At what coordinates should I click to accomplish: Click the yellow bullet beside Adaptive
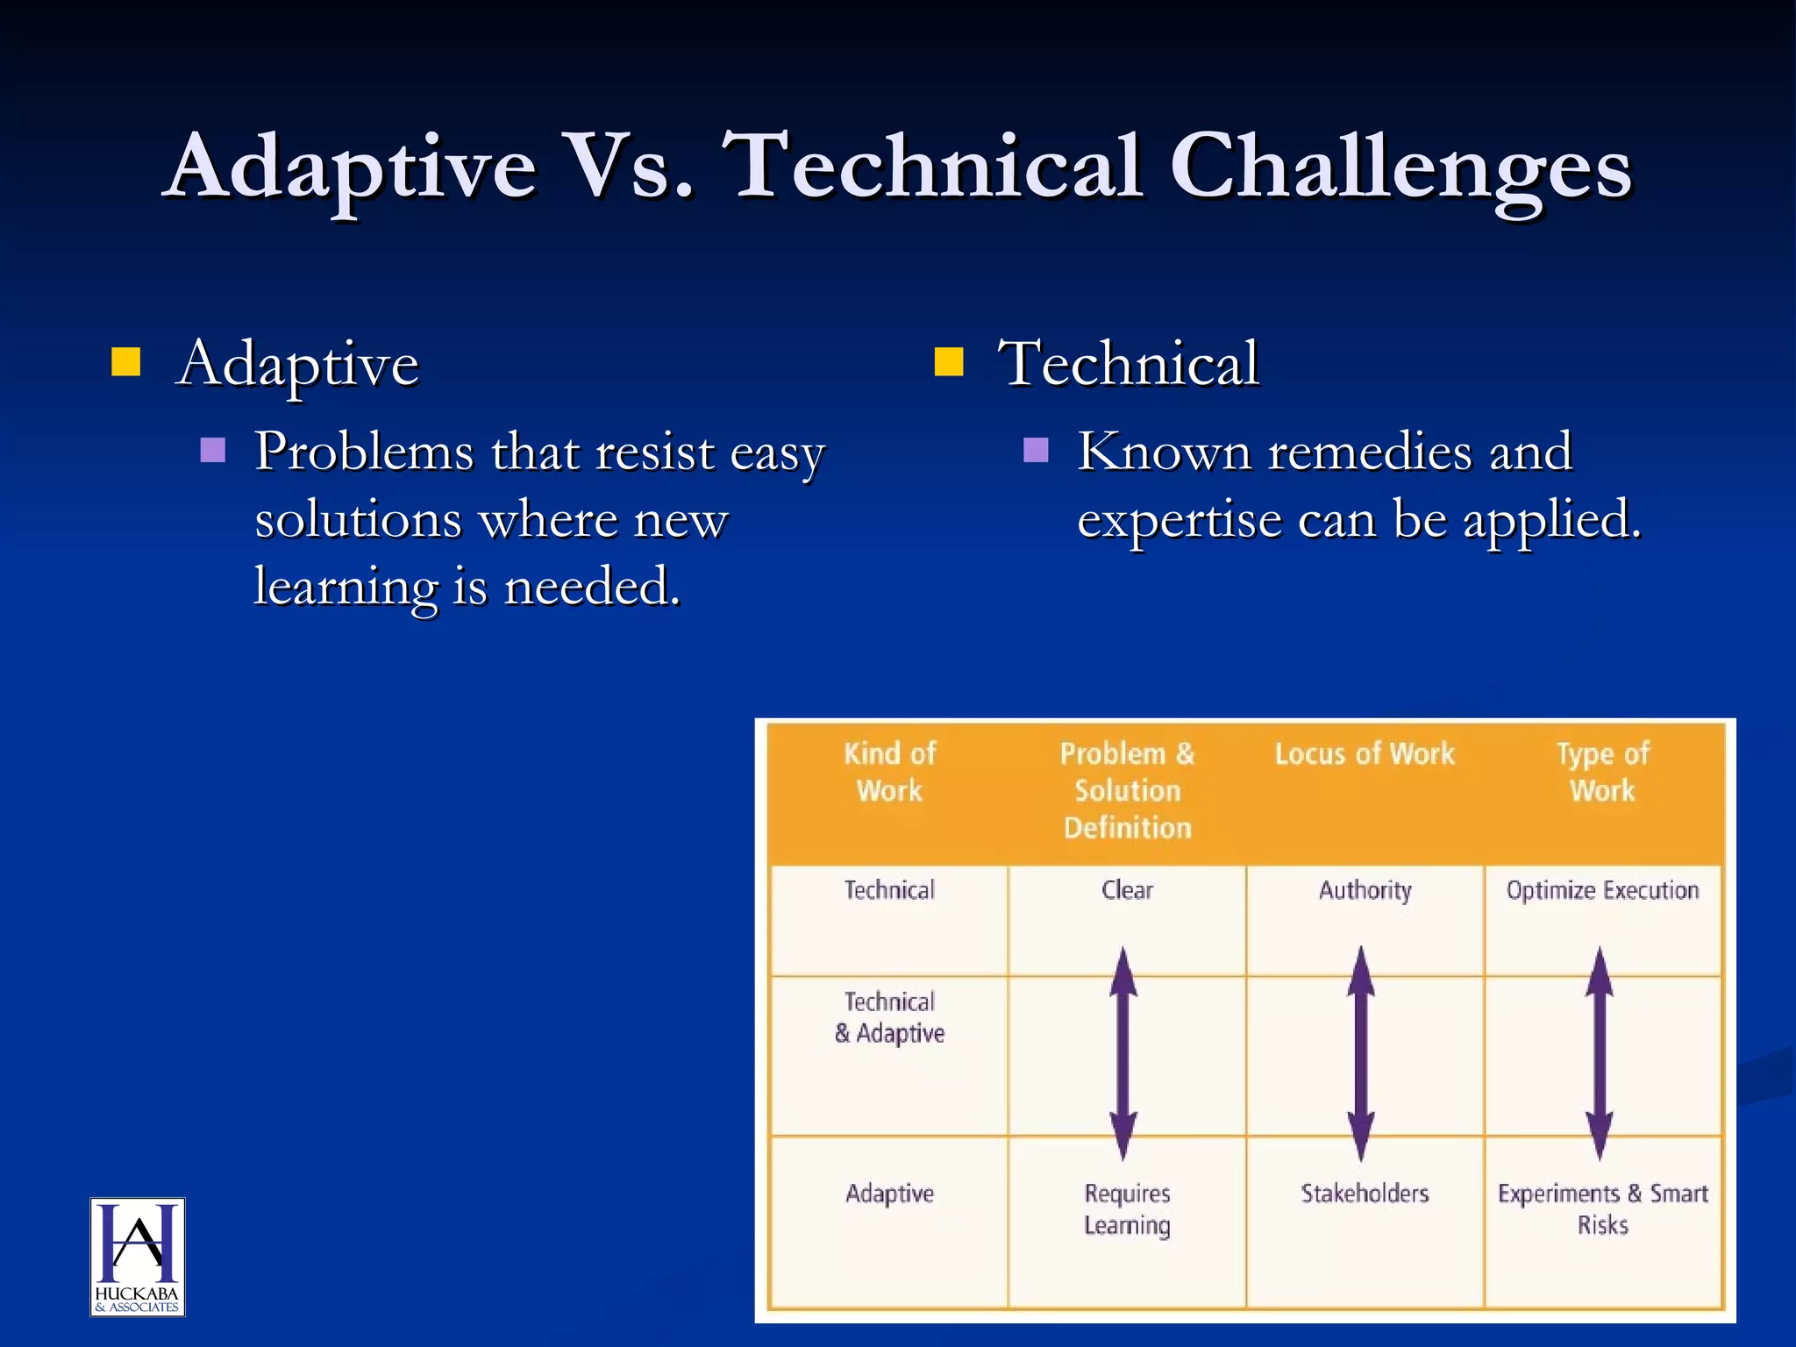coord(126,361)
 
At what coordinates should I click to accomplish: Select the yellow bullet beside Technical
coord(949,361)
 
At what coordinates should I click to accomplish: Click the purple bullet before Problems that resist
coord(213,450)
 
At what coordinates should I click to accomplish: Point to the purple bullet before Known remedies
coord(1036,450)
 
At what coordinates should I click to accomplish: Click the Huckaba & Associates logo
coord(138,1256)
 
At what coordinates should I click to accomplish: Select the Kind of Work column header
coord(889,772)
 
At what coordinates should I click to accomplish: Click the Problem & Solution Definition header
coord(1127,789)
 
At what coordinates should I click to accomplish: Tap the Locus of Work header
coord(1365,753)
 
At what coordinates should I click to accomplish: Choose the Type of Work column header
coord(1602,772)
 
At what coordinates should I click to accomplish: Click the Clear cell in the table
coord(1127,890)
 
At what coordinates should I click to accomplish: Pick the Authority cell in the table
coord(1365,890)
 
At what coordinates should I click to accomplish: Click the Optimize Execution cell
coord(1602,890)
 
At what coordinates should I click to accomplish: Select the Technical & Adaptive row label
coord(889,1017)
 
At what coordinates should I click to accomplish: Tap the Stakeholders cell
coord(1365,1193)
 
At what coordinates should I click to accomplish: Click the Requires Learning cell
coord(1127,1208)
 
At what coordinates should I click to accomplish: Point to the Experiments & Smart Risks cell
coord(1602,1208)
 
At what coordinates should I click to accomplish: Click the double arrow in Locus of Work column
coord(1361,1052)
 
